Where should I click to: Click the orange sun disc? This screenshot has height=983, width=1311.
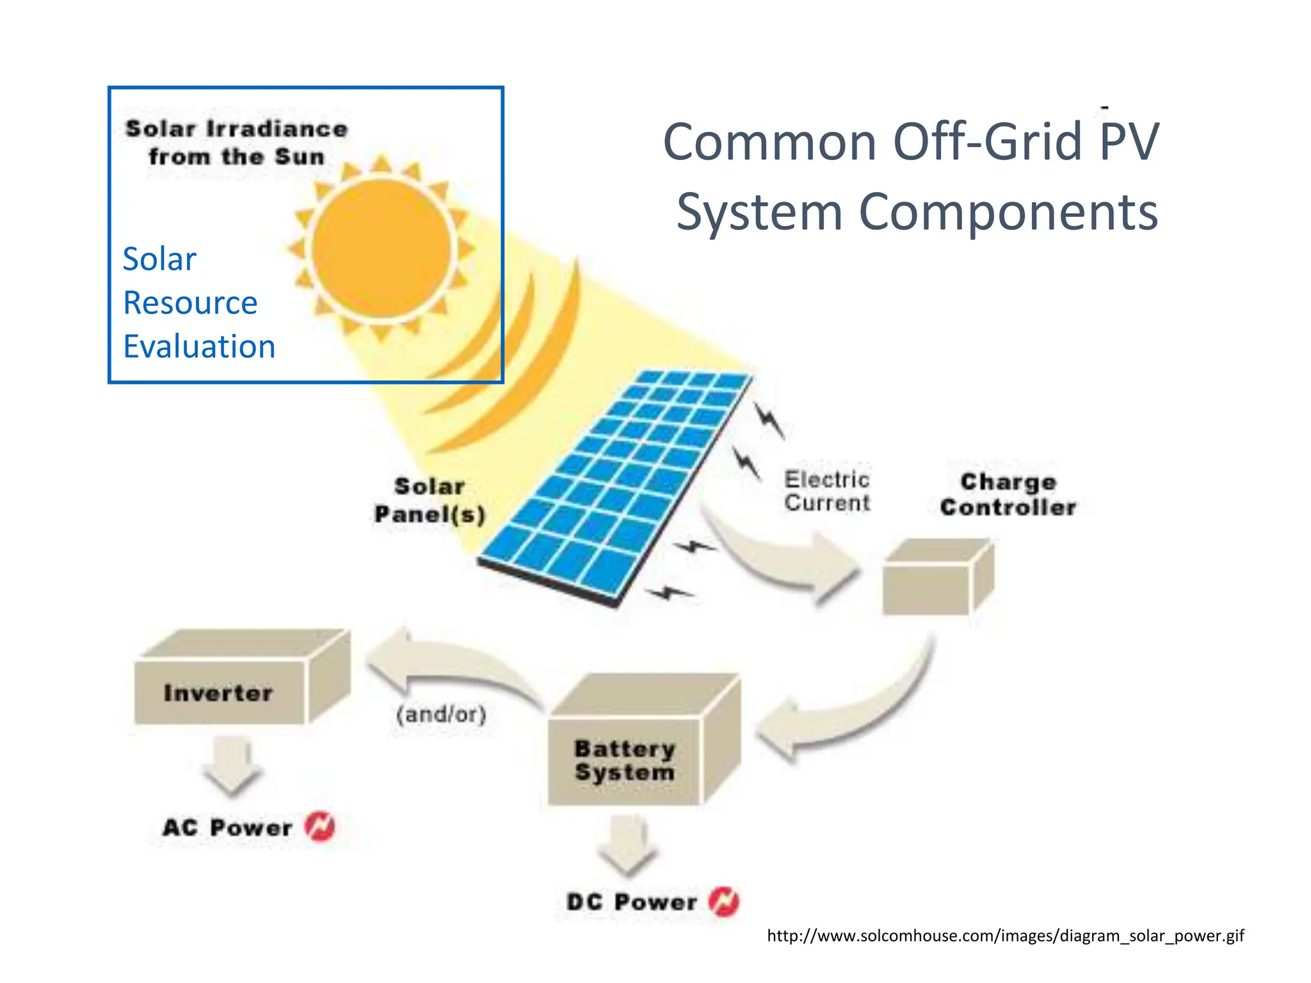click(x=382, y=248)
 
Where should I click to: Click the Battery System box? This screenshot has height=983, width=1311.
click(x=624, y=760)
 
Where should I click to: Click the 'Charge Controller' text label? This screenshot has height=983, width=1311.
click(x=1008, y=495)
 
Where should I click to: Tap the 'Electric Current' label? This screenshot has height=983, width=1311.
click(x=826, y=491)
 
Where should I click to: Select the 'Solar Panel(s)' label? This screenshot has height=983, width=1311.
click(x=430, y=500)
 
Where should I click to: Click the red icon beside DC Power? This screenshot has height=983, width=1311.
click(x=723, y=902)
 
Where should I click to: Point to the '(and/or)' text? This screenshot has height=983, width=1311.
click(x=441, y=714)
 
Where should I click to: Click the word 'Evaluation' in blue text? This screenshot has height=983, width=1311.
click(x=199, y=346)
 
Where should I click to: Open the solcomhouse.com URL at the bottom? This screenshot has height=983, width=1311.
click(x=1005, y=936)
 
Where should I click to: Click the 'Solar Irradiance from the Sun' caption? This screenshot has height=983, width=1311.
click(x=237, y=142)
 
